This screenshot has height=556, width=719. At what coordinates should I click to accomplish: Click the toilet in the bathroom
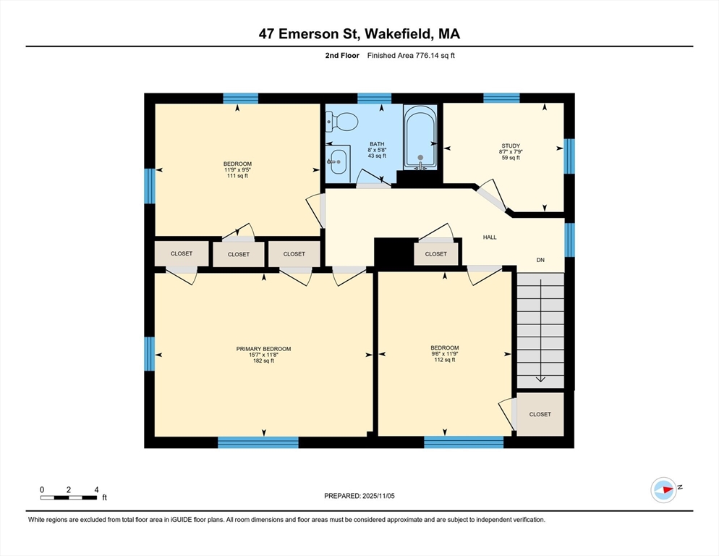[341, 123]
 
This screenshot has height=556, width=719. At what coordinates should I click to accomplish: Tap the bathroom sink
[339, 162]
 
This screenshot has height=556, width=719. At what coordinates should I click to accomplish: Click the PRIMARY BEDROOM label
[263, 349]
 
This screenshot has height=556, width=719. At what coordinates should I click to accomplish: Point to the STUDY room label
[510, 146]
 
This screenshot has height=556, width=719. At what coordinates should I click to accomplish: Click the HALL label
[490, 237]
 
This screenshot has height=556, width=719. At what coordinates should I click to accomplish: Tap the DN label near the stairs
[540, 259]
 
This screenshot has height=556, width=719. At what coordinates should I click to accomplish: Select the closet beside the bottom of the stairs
[540, 414]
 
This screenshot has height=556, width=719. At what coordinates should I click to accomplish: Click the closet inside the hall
[435, 254]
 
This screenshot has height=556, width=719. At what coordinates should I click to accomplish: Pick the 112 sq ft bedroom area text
[444, 360]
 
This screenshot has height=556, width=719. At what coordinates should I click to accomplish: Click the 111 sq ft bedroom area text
[237, 176]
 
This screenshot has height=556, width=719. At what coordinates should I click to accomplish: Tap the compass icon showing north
[663, 490]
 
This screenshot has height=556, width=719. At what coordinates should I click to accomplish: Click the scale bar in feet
[69, 497]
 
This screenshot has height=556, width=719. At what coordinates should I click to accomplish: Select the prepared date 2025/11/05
[359, 496]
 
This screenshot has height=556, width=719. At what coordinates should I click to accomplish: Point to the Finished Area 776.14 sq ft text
[410, 55]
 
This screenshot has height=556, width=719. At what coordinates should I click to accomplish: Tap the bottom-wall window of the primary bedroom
[258, 442]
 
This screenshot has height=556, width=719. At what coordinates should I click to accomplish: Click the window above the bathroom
[374, 98]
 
